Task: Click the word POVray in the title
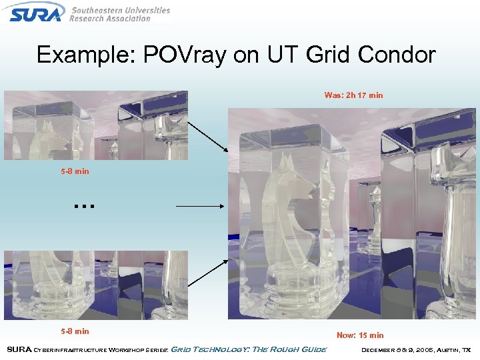[x=175, y=55]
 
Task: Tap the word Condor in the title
[x=398, y=55]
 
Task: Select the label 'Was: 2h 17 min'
[x=353, y=95]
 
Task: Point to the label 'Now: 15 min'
[x=360, y=335]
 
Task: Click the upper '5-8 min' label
[x=75, y=171]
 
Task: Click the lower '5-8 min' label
[x=75, y=331]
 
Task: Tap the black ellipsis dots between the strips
[x=85, y=206]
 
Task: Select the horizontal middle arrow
[x=200, y=207]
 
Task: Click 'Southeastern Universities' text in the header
[x=121, y=10]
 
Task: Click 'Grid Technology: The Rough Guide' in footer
[x=249, y=349]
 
